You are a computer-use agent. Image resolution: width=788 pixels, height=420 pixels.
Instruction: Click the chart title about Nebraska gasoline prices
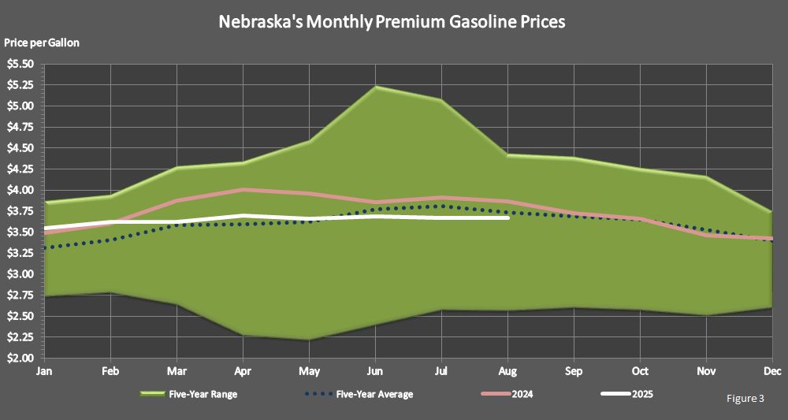[392, 22]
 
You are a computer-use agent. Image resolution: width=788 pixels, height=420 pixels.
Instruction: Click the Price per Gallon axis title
[42, 43]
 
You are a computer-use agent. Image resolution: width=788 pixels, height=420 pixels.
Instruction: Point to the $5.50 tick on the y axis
[20, 64]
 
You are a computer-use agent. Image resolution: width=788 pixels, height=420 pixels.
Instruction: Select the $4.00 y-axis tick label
[20, 190]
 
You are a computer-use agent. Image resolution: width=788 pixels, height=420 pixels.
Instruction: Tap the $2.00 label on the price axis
[20, 359]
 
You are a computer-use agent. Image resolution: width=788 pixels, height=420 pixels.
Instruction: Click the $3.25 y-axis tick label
[20, 253]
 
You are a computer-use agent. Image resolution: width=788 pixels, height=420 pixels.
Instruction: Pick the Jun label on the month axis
[376, 371]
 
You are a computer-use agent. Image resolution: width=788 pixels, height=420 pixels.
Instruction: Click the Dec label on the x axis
[772, 371]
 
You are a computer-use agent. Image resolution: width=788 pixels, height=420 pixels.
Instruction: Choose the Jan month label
[45, 371]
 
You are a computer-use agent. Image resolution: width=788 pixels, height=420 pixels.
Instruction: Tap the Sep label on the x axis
[574, 371]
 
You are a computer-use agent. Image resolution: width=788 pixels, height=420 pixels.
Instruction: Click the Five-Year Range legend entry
[188, 394]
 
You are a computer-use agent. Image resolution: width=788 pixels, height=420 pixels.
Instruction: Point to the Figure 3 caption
[745, 399]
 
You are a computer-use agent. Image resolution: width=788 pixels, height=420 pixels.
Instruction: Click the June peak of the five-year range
[376, 87]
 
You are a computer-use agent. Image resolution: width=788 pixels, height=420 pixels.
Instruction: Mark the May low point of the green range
[310, 340]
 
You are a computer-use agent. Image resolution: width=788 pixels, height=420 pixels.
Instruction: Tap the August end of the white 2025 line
[508, 218]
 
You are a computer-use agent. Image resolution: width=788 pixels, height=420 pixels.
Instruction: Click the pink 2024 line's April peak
[243, 190]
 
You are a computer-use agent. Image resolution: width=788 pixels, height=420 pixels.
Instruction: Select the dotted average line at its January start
[46, 247]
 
